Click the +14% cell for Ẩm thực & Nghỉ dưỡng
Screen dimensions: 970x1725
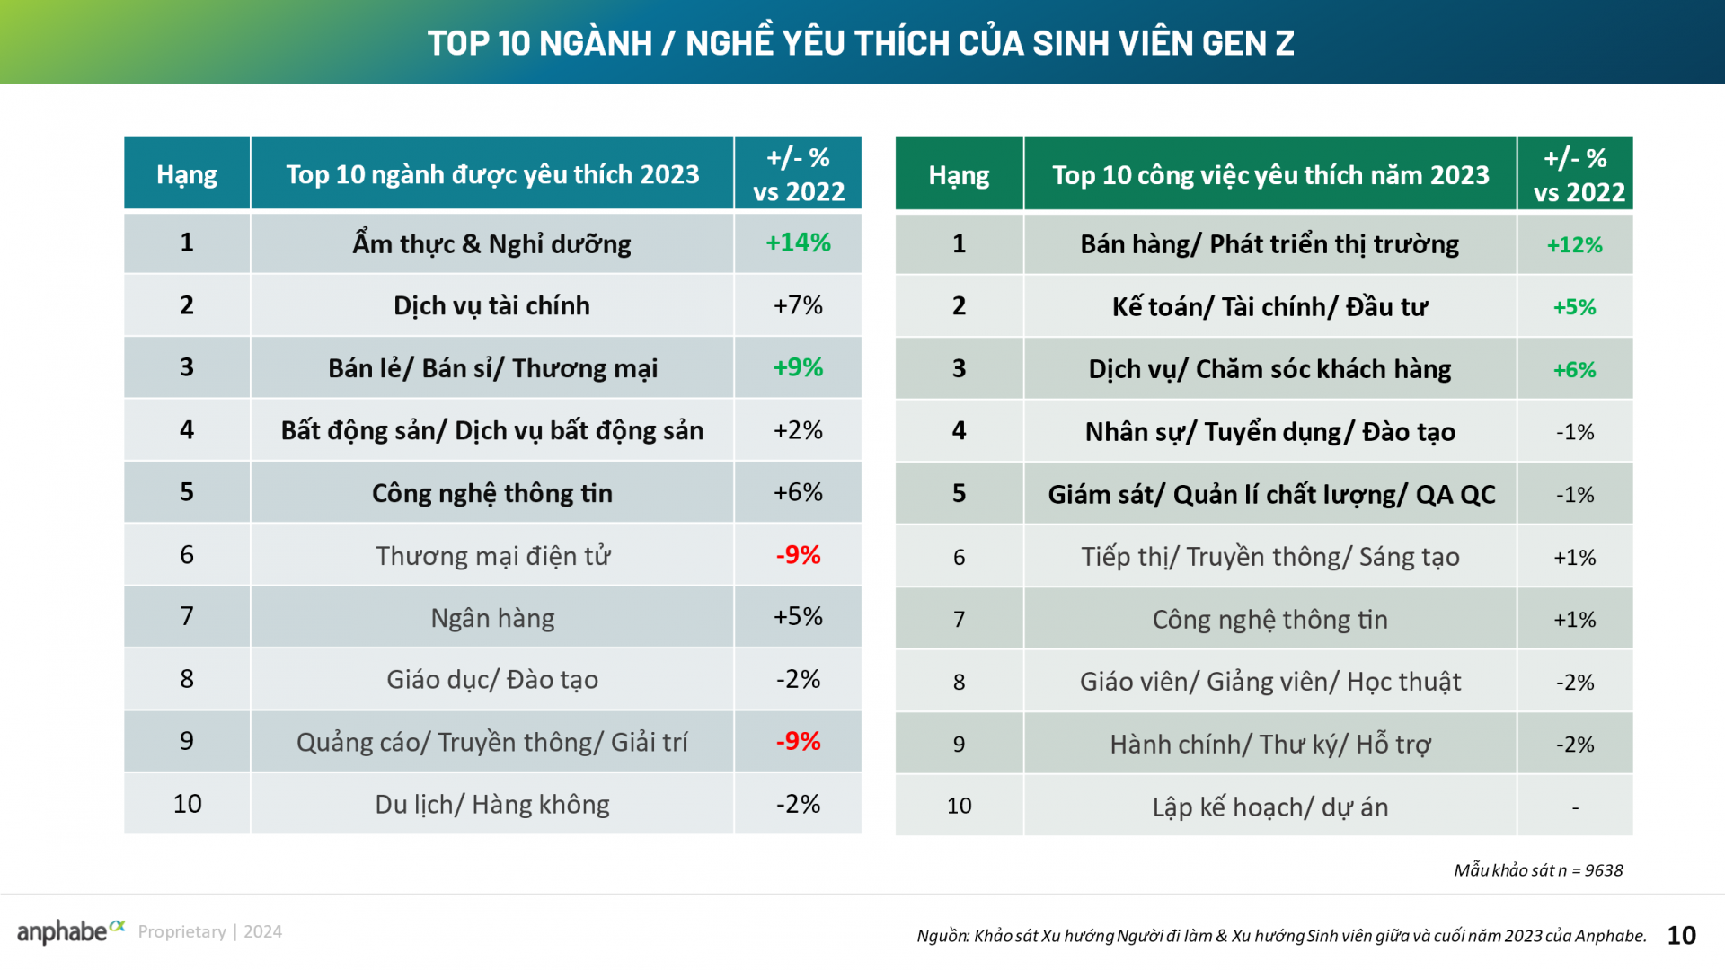click(798, 242)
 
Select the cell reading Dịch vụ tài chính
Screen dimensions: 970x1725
click(491, 305)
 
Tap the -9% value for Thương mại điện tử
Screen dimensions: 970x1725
click(798, 555)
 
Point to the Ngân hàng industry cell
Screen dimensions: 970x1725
click(492, 618)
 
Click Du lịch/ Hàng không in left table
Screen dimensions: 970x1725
click(492, 804)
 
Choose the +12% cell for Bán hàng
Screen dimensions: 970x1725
click(1574, 244)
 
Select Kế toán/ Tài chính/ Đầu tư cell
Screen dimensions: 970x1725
click(1269, 307)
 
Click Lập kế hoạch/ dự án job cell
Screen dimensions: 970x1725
click(1269, 807)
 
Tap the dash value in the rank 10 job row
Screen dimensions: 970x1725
click(1574, 807)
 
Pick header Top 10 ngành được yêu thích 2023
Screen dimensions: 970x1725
click(492, 174)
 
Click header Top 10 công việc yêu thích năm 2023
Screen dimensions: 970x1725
click(1269, 175)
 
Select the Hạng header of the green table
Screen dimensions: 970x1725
click(959, 175)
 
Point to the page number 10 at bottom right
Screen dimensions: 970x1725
click(1681, 936)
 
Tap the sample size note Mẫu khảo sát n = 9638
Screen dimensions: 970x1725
click(1538, 869)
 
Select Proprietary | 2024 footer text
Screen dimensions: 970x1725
click(210, 932)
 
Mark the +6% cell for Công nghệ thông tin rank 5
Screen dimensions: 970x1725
click(798, 492)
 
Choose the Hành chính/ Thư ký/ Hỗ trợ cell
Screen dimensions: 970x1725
click(1269, 745)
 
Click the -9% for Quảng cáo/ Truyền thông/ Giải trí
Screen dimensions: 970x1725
click(798, 741)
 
